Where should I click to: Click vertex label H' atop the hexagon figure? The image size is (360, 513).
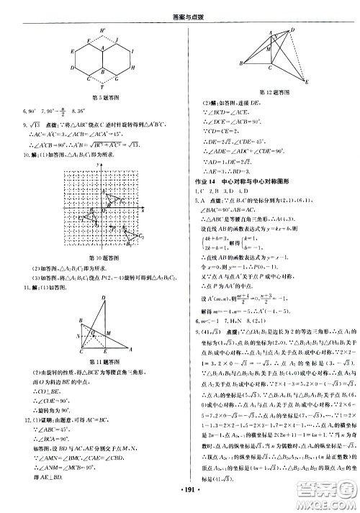coord(103,30)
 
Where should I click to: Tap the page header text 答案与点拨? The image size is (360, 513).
coord(179,9)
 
